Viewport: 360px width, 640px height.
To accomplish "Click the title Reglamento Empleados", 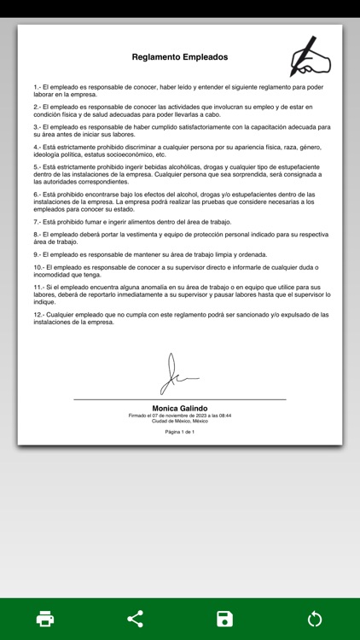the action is [x=180, y=57].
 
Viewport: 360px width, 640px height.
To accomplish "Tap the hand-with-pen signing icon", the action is [x=310, y=58].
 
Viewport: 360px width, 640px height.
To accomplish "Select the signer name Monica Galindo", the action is [x=180, y=409].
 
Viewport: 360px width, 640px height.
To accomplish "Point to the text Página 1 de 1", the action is [x=180, y=432].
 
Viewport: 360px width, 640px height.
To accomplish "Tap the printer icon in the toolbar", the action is [x=45, y=619].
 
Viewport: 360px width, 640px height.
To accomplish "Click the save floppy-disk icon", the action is [x=225, y=619].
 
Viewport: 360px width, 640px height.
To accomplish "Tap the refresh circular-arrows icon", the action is [x=315, y=619].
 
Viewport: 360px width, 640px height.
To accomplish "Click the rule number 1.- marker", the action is [x=38, y=87].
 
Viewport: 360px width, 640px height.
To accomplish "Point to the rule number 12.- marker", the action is [x=40, y=314].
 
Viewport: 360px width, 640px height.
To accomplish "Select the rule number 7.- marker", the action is [x=38, y=222].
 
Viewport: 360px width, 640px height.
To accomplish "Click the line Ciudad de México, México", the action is [x=180, y=421].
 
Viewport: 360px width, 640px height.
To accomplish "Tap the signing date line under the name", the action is [x=180, y=416].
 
